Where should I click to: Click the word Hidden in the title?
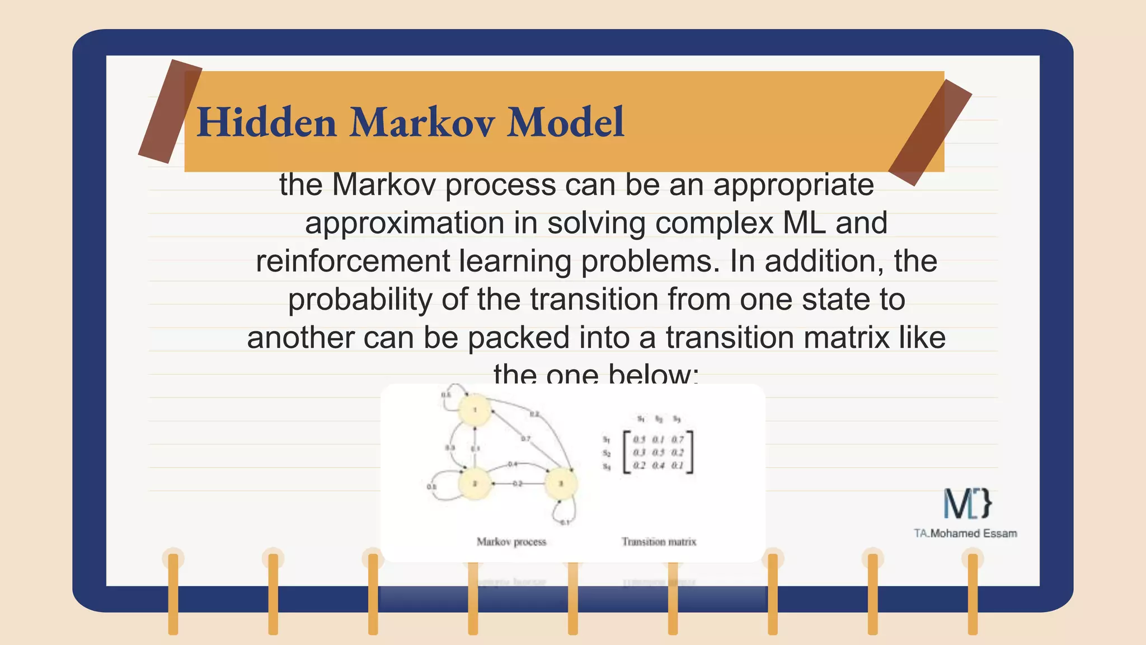(266, 123)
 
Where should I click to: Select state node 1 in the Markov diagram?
(475, 410)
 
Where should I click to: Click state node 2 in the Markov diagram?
(475, 483)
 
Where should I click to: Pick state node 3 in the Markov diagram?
(561, 484)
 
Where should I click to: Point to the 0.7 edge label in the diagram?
(525, 439)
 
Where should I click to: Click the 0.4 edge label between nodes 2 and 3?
(512, 464)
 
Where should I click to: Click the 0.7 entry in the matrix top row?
(678, 440)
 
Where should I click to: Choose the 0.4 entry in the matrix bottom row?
(659, 466)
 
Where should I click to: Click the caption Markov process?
(511, 541)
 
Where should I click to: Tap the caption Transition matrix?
(659, 541)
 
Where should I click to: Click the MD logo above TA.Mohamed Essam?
(967, 503)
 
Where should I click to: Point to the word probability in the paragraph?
(360, 300)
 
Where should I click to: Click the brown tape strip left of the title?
(170, 111)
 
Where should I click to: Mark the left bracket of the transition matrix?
(627, 452)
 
